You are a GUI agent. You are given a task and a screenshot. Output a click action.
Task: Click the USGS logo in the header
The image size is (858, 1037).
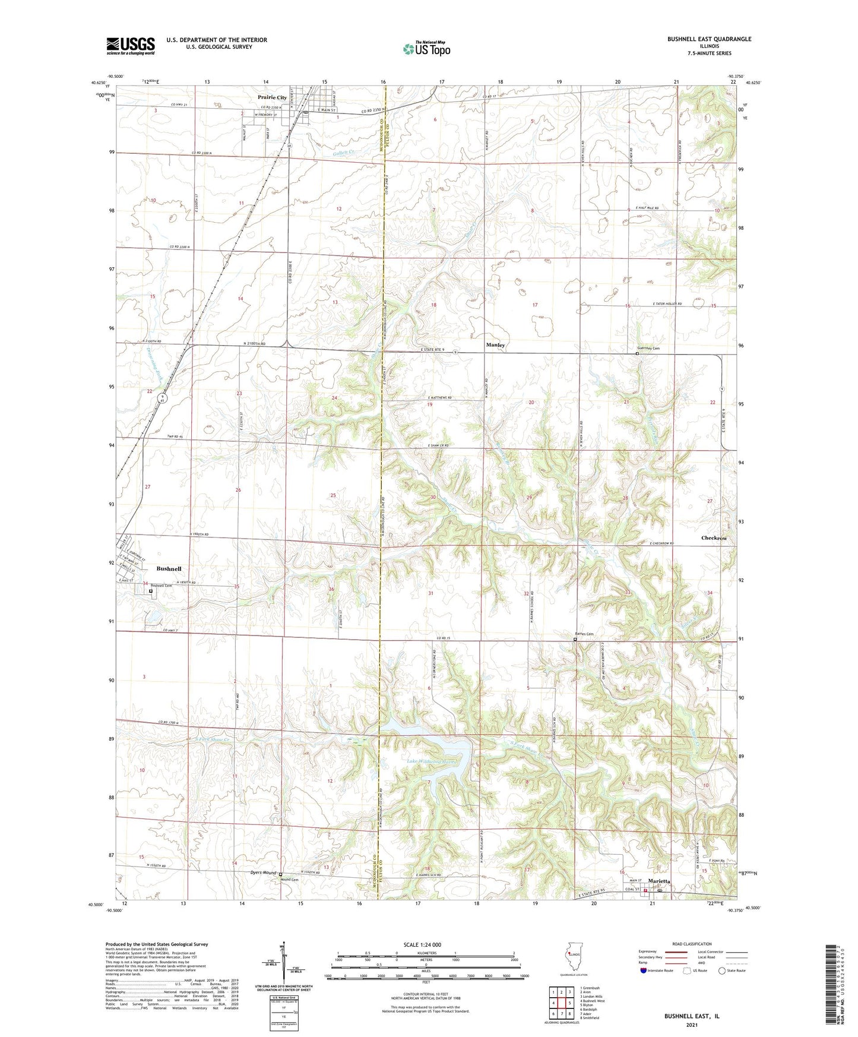(131, 45)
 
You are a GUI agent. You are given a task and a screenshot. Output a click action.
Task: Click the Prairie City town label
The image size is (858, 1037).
(272, 97)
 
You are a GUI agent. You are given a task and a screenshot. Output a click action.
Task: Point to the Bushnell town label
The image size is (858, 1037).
(169, 568)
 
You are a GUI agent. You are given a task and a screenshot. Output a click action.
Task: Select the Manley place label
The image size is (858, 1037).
(495, 345)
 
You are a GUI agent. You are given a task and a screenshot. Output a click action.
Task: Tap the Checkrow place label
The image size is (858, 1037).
(714, 538)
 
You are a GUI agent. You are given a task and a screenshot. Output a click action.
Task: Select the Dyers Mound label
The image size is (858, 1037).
(262, 872)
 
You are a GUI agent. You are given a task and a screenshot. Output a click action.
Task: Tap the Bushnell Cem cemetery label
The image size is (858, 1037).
(161, 586)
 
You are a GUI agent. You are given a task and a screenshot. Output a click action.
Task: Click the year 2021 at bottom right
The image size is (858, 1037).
(691, 1025)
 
